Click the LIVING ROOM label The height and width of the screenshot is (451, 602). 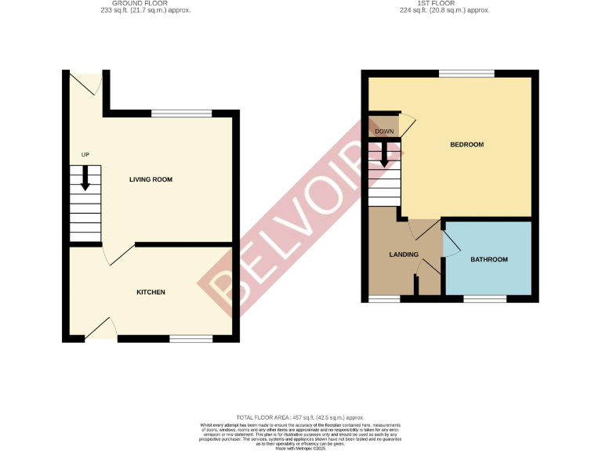[150, 179]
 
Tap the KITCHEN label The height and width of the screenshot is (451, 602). [150, 292]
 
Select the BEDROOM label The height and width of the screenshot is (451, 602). [466, 145]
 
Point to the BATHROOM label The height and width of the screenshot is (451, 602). [488, 260]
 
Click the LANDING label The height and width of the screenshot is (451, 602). [404, 254]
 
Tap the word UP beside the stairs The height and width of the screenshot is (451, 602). [85, 155]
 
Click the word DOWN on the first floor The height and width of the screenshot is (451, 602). [384, 131]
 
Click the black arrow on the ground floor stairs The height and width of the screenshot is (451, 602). [85, 179]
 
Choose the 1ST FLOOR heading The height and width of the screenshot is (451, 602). [444, 4]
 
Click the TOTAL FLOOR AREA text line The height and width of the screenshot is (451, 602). [301, 418]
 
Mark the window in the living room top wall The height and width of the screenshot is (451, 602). [181, 114]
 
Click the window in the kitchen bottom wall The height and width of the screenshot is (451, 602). [191, 338]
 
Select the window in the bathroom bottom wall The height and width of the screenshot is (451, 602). [484, 298]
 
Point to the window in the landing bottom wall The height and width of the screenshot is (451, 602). [383, 298]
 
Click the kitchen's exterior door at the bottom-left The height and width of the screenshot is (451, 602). [100, 329]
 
